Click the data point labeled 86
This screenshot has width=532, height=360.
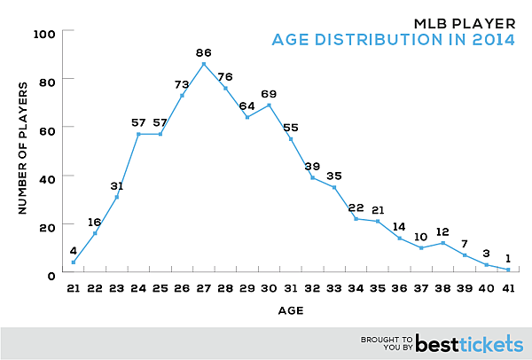204,64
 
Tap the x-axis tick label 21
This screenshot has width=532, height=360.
73,290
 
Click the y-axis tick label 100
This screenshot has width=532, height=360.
44,33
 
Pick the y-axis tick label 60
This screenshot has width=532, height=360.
48,129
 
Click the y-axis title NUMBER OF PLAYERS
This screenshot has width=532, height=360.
21,153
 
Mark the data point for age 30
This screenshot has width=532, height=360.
270,105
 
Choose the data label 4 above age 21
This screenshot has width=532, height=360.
73,250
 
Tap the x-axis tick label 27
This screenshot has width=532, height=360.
204,290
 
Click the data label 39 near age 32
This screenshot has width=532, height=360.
313,166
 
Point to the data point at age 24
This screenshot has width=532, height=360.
138,134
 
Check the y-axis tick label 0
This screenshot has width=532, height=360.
52,274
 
